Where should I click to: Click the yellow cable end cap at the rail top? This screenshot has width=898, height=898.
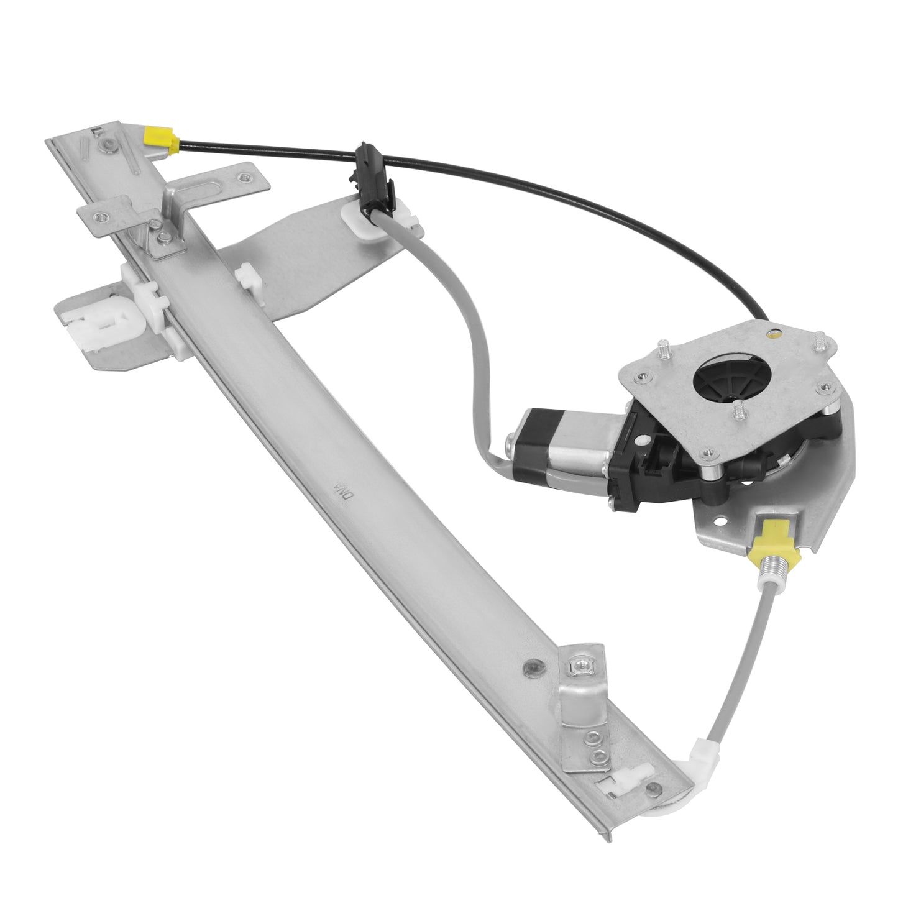point(161,141)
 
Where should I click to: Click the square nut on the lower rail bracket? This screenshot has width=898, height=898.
point(579,666)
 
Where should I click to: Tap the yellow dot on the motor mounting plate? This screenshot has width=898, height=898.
point(773,334)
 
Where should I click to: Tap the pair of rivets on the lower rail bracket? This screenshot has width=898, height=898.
point(595,746)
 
